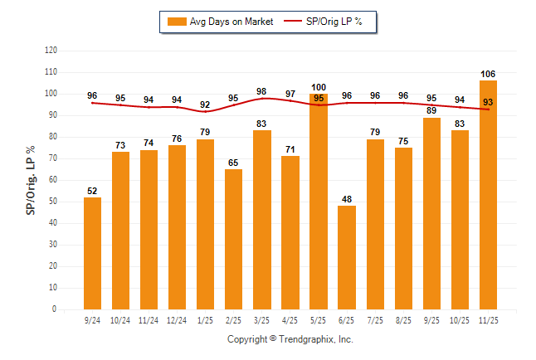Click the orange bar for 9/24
tap(92, 253)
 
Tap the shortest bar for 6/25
tap(347, 257)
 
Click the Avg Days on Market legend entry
tap(220, 22)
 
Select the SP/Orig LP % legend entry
tap(323, 22)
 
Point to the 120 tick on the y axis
tap(51, 51)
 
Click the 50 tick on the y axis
tap(53, 202)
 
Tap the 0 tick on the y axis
tap(55, 309)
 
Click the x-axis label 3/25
tap(262, 320)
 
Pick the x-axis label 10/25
tap(460, 320)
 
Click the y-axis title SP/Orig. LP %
tap(31, 179)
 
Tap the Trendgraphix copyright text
tap(290, 339)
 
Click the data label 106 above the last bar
tap(488, 74)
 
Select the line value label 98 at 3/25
tap(262, 92)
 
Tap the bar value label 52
tap(92, 191)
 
